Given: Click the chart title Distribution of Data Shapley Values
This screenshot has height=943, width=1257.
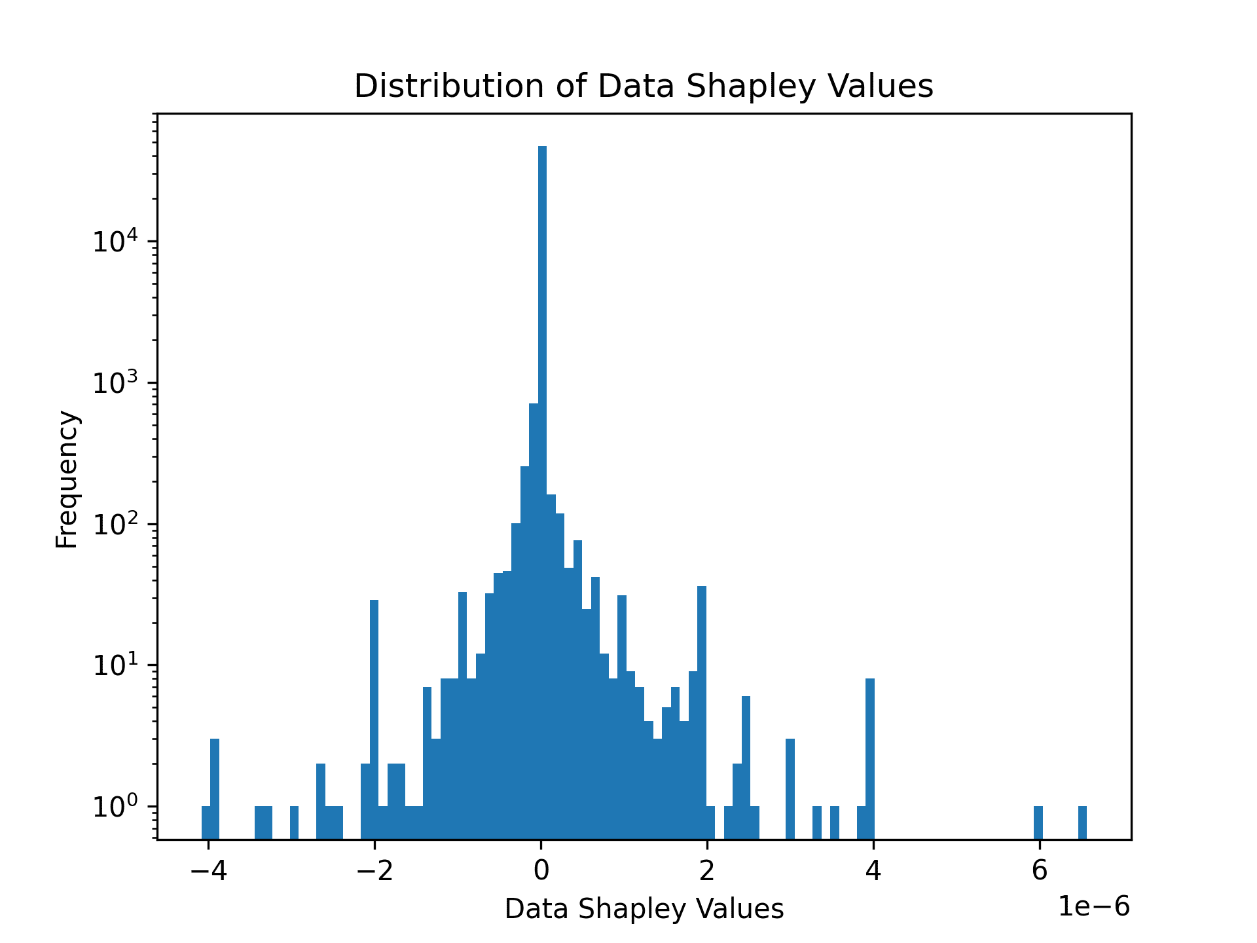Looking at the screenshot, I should [644, 86].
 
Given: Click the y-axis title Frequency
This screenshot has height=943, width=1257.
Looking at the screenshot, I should [67, 479].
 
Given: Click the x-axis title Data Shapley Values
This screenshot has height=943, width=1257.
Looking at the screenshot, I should [644, 909].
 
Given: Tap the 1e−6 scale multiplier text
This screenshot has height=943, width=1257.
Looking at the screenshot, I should [1094, 907].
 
